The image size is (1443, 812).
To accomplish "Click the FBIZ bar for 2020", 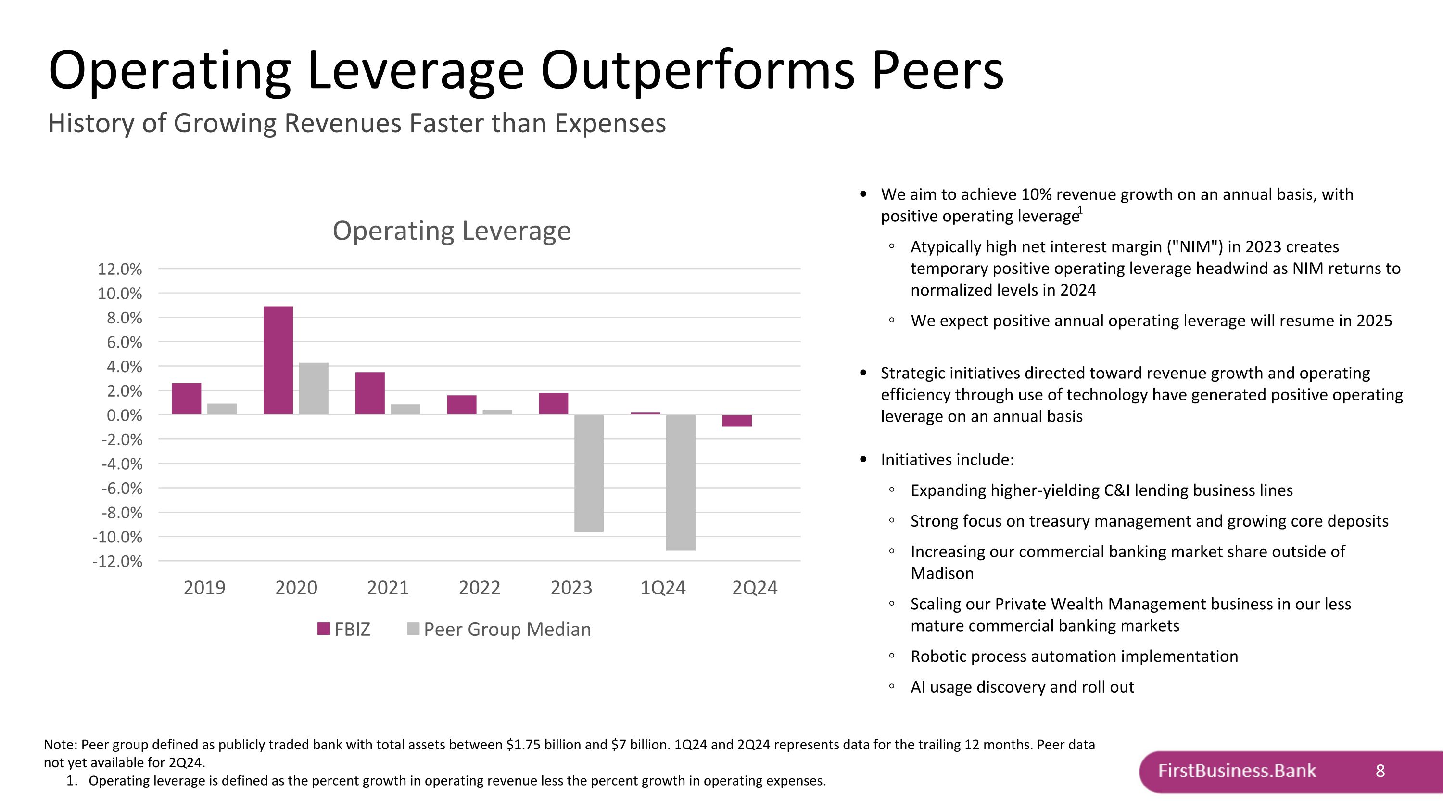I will tap(278, 361).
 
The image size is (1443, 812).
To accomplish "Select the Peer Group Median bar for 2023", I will tap(589, 473).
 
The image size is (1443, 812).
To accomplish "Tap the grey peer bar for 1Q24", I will tap(681, 482).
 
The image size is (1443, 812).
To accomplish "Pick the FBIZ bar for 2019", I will tap(186, 399).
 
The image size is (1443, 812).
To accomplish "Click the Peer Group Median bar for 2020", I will tap(314, 389).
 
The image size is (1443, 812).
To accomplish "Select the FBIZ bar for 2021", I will tap(370, 393).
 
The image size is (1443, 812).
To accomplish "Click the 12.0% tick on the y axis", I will tap(120, 269).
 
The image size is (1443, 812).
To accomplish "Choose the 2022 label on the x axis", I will tap(479, 587).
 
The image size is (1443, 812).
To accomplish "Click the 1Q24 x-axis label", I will tap(663, 587).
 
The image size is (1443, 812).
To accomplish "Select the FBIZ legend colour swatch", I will tap(323, 629).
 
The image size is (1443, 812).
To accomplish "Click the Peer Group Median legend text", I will tap(507, 629).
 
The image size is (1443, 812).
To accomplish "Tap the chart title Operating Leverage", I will tap(452, 231).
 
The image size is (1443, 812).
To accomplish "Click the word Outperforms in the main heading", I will tap(697, 70).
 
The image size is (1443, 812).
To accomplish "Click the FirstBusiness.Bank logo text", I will tap(1236, 771).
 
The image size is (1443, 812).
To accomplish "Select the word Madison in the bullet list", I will tap(942, 573).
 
